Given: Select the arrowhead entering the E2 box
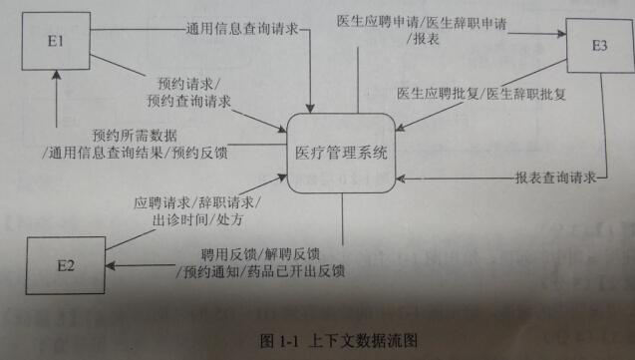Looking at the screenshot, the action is click(x=112, y=265).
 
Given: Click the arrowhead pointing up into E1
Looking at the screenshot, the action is click(x=59, y=86).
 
